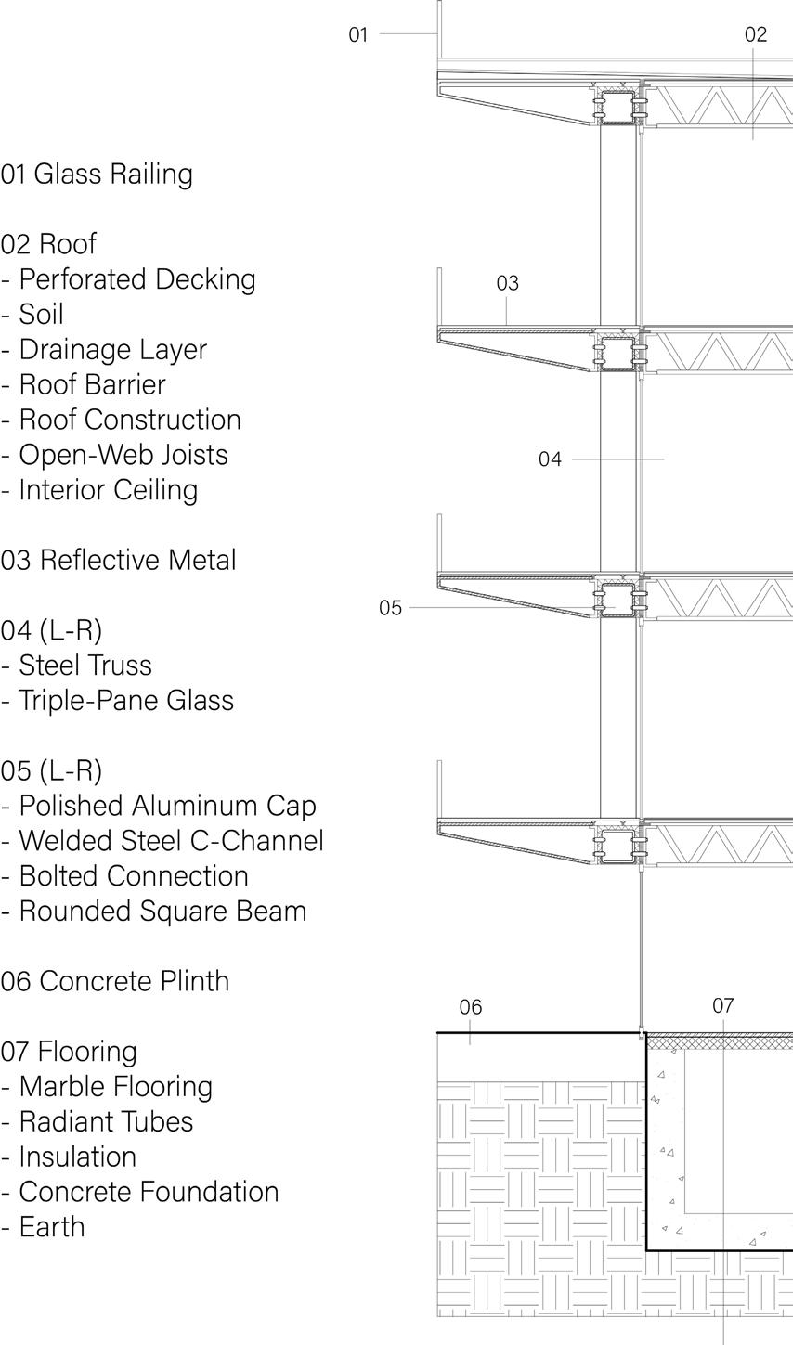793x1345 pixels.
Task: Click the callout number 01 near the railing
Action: click(x=358, y=35)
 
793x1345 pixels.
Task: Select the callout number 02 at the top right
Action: click(x=756, y=35)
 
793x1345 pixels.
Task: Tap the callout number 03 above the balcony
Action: click(x=507, y=283)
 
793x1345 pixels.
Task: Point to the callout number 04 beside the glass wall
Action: click(x=550, y=459)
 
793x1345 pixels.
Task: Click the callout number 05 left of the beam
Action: click(x=390, y=608)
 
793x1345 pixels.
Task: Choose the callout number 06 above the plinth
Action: click(x=471, y=1007)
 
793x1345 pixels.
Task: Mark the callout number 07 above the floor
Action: click(x=723, y=1005)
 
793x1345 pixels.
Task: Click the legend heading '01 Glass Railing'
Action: click(x=97, y=175)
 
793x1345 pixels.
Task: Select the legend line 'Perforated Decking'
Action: click(x=136, y=279)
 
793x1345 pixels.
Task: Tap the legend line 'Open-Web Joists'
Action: click(x=123, y=455)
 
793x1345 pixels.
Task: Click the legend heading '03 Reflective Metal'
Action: click(x=118, y=561)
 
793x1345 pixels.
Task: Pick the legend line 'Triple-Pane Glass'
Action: click(x=125, y=701)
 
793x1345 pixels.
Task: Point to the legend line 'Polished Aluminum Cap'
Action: click(x=167, y=806)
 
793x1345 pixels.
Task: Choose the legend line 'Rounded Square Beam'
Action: click(x=162, y=912)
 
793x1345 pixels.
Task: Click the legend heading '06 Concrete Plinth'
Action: click(x=115, y=981)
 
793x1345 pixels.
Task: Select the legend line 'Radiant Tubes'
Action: click(x=106, y=1121)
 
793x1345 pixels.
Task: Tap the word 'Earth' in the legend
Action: click(x=52, y=1227)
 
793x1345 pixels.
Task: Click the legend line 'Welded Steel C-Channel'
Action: click(x=171, y=841)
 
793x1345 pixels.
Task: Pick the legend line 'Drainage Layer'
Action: click(x=112, y=350)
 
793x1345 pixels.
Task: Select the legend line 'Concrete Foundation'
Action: click(x=149, y=1192)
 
